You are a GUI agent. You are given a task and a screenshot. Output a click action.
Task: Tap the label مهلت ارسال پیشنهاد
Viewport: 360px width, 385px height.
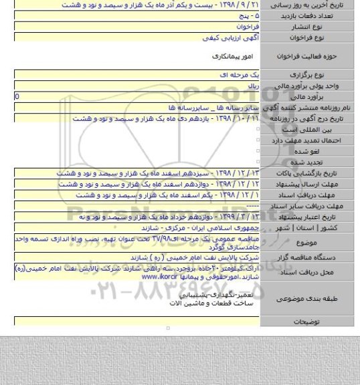316,183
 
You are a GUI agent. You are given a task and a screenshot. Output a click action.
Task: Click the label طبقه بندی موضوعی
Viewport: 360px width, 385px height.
316,299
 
